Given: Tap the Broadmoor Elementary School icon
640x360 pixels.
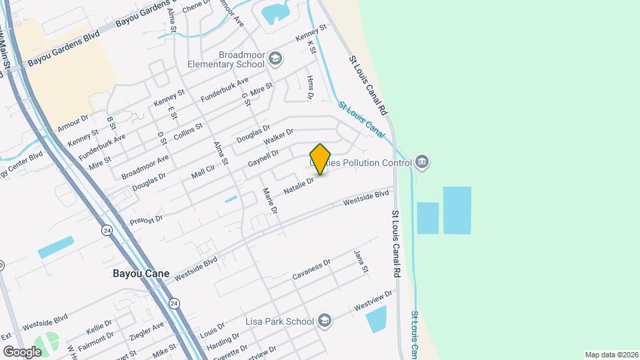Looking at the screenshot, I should [x=275, y=59].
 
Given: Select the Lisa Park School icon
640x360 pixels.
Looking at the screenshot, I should [x=324, y=321].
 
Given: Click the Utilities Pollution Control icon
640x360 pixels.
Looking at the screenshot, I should [x=421, y=162].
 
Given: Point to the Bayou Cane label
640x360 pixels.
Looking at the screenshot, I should [x=141, y=274].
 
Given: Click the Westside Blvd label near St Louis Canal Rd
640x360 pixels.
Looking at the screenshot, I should [x=365, y=198].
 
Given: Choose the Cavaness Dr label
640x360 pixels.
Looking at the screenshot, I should [x=311, y=270].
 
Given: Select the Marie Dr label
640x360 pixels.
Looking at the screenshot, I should [x=269, y=201].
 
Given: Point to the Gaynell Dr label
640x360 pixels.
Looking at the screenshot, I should [x=263, y=158].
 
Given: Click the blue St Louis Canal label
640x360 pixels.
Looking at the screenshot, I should [x=360, y=119].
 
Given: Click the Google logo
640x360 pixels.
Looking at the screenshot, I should [x=22, y=351].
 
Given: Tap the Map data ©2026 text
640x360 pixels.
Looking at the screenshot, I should [x=611, y=355].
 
